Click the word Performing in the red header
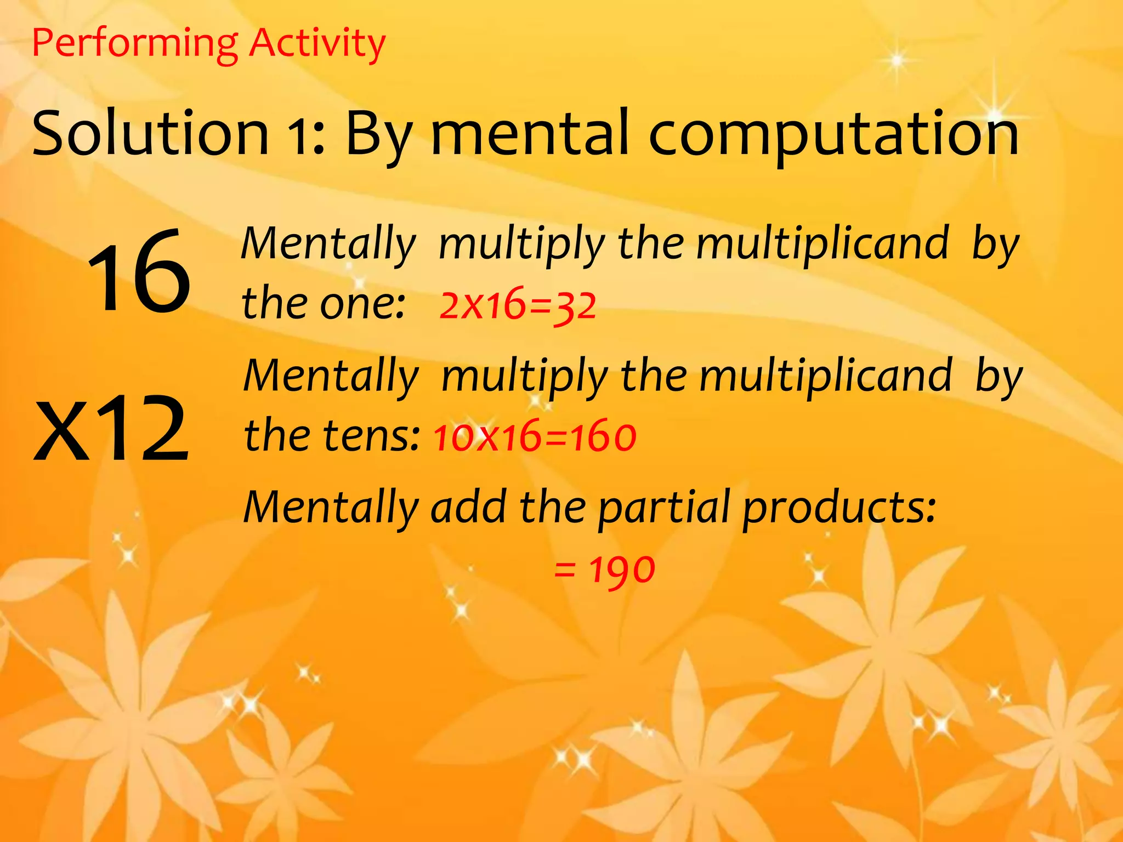[x=135, y=44]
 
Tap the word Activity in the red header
[x=317, y=44]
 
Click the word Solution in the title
[x=151, y=133]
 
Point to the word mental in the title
[x=530, y=133]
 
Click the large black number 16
[x=139, y=272]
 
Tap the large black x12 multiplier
[x=112, y=428]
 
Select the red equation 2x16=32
[x=518, y=305]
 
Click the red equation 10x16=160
[x=535, y=437]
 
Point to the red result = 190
[x=604, y=569]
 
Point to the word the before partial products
[x=553, y=507]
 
